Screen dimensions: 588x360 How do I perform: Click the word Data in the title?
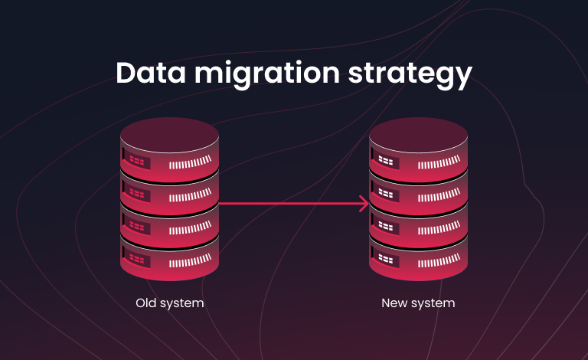151,73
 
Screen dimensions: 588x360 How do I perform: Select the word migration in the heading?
267,74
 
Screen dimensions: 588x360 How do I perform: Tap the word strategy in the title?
410,75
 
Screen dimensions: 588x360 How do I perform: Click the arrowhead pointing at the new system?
364,204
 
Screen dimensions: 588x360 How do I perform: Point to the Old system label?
170,303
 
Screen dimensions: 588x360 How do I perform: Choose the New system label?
418,303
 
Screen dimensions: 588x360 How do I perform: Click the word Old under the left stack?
146,303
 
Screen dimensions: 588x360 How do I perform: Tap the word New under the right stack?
394,303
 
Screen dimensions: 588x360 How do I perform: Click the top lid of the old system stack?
169,135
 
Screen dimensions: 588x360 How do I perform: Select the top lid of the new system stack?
418,135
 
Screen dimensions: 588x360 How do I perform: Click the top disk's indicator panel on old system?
136,162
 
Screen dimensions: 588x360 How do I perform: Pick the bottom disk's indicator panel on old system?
136,259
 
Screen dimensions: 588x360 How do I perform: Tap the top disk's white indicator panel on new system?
385,162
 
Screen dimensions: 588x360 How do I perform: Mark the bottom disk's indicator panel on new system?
385,259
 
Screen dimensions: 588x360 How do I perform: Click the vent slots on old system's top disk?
190,162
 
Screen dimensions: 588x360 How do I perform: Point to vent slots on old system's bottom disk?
190,260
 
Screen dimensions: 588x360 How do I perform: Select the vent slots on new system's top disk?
439,162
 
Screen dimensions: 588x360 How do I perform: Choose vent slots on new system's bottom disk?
439,260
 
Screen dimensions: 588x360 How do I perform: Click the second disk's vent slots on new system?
439,195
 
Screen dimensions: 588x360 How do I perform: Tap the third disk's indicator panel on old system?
136,226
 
